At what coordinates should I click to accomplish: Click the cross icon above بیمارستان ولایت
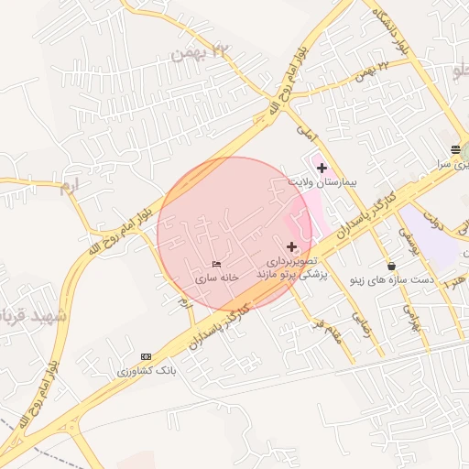(x=322, y=168)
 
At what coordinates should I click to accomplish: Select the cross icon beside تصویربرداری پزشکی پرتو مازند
(x=292, y=245)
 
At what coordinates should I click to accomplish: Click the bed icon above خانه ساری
(x=216, y=264)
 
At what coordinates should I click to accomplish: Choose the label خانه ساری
(x=217, y=276)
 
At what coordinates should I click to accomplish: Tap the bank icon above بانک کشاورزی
(x=146, y=356)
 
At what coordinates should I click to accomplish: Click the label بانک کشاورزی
(x=146, y=370)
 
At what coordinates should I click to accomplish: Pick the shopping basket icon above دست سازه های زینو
(x=392, y=267)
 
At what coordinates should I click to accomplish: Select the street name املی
(x=305, y=132)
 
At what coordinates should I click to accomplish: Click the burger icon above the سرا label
(x=455, y=149)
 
